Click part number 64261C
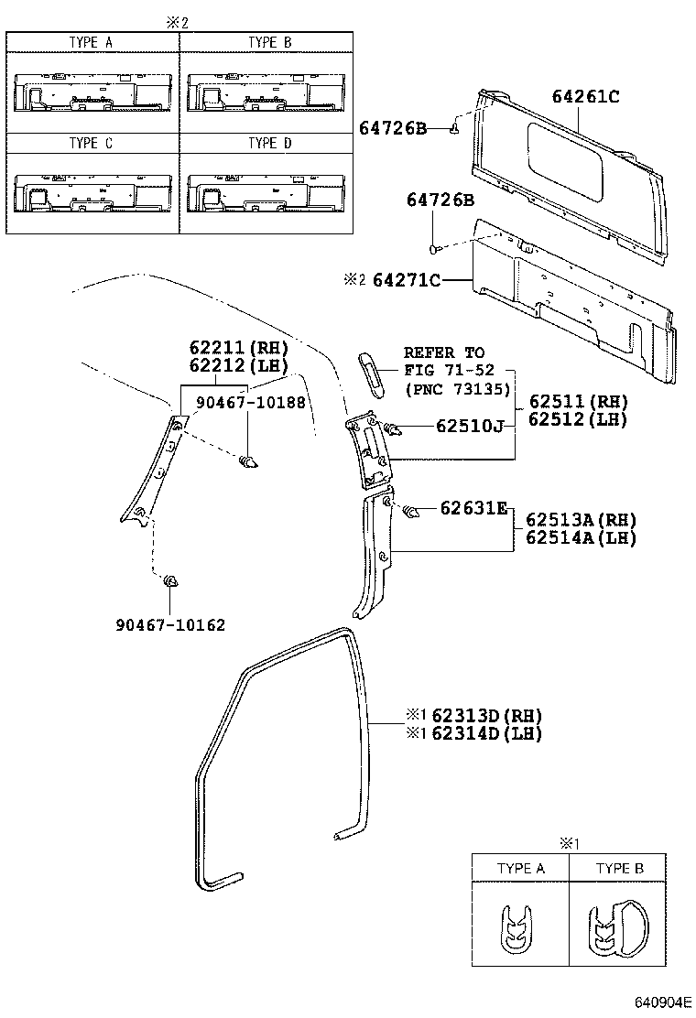click(585, 96)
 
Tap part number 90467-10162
click(170, 624)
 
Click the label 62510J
click(470, 426)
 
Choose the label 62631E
click(473, 509)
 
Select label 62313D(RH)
click(486, 715)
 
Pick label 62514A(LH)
click(580, 537)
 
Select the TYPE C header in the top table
click(91, 143)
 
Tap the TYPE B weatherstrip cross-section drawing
click(616, 927)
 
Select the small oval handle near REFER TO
click(372, 371)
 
